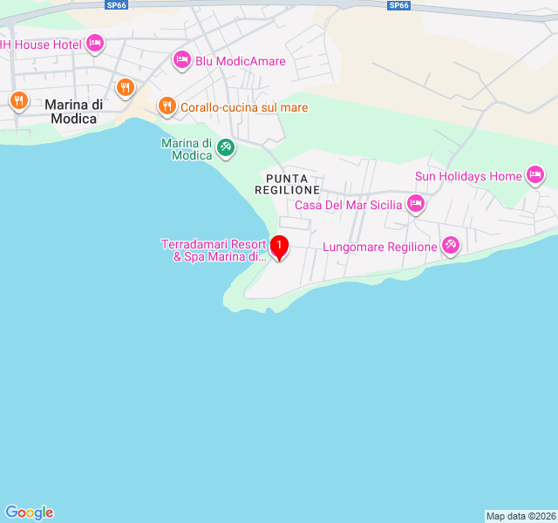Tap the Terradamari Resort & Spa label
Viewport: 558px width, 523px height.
(x=214, y=250)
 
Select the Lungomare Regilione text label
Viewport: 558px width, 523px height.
(x=380, y=247)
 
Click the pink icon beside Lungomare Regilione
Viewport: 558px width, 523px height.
(x=451, y=246)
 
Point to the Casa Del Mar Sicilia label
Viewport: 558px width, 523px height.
(x=349, y=205)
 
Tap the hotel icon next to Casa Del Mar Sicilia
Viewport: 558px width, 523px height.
(x=416, y=205)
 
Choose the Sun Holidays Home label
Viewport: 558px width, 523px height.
(x=468, y=176)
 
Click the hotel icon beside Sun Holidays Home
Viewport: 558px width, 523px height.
(x=536, y=176)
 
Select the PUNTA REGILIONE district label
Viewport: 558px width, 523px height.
(x=288, y=183)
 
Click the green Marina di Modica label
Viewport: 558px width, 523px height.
(x=187, y=149)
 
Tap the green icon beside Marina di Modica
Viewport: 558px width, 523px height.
(x=226, y=147)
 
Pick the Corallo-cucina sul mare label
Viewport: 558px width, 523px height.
(x=233, y=107)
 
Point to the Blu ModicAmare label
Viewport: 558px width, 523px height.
(x=241, y=61)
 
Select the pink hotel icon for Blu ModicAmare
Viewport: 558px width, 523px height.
(x=181, y=60)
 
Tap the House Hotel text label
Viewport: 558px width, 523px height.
(x=41, y=44)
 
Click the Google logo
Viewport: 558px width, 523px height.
(x=29, y=513)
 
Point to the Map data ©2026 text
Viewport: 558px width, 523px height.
(x=520, y=516)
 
